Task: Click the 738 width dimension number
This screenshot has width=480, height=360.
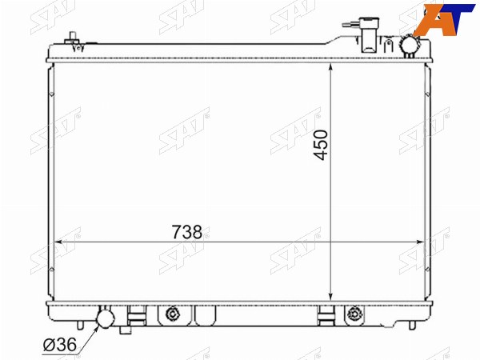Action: pos(187,232)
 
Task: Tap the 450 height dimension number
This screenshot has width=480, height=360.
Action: pos(321,145)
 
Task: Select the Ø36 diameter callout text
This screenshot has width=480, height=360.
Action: pos(59,345)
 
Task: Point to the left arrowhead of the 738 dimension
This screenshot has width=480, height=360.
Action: pos(58,242)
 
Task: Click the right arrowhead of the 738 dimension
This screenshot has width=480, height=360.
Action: pos(421,242)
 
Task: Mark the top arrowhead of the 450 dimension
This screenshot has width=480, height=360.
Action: pos(330,67)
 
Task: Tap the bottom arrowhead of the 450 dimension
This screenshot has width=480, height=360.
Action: pos(330,296)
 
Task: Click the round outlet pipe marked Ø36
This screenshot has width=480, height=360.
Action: pos(106,318)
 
